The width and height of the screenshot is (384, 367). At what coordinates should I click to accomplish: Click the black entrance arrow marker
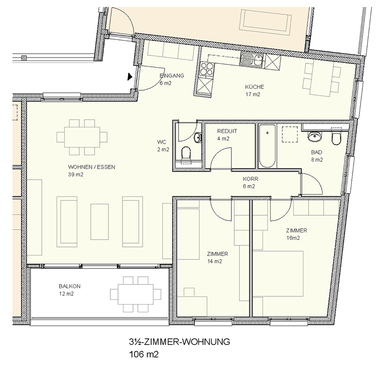pyautogui.click(x=130, y=76)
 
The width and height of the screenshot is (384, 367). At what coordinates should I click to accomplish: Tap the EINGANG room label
pyautogui.click(x=172, y=75)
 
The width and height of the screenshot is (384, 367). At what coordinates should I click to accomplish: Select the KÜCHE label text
pyautogui.click(x=254, y=87)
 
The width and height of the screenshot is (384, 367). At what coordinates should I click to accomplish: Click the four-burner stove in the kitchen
pyautogui.click(x=207, y=68)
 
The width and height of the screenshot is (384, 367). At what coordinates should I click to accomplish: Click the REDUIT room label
pyautogui.click(x=227, y=131)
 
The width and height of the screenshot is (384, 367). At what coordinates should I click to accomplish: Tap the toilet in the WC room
pyautogui.click(x=186, y=154)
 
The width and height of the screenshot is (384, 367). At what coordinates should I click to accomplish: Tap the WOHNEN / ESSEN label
pyautogui.click(x=92, y=167)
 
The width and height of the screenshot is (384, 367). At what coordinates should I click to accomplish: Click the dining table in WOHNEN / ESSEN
pyautogui.click(x=82, y=137)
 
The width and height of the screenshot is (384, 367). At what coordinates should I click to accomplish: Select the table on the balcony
pyautogui.click(x=135, y=294)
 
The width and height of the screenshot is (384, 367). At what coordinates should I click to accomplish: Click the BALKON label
pyautogui.click(x=70, y=286)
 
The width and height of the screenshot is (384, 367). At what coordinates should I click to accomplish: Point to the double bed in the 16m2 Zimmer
pyautogui.click(x=278, y=274)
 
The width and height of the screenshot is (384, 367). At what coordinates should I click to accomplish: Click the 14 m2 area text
pyautogui.click(x=215, y=261)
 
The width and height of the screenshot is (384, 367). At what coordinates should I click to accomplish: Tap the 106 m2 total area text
pyautogui.click(x=144, y=354)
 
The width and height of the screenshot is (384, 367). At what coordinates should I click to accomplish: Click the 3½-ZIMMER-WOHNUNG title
pyautogui.click(x=180, y=342)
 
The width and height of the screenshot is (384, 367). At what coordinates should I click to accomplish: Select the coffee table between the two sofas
pyautogui.click(x=99, y=221)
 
